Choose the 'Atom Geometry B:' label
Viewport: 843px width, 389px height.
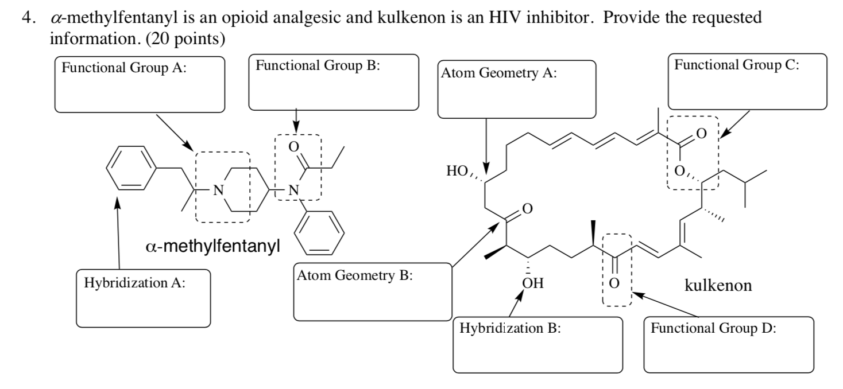click(355, 276)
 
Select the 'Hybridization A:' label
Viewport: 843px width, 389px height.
click(134, 283)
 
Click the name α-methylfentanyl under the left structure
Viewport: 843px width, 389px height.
click(212, 248)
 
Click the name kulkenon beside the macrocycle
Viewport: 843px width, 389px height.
click(718, 285)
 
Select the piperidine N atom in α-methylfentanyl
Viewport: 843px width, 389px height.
click(217, 190)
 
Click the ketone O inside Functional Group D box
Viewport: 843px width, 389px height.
click(614, 283)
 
